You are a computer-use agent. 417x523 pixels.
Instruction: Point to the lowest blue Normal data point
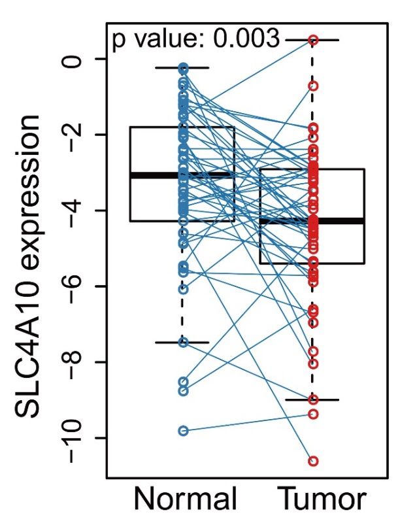[184, 431]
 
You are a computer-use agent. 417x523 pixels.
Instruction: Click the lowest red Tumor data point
[313, 462]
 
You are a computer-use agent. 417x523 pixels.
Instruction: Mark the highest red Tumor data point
[313, 40]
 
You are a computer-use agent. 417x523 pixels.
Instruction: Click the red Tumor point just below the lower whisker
[313, 414]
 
